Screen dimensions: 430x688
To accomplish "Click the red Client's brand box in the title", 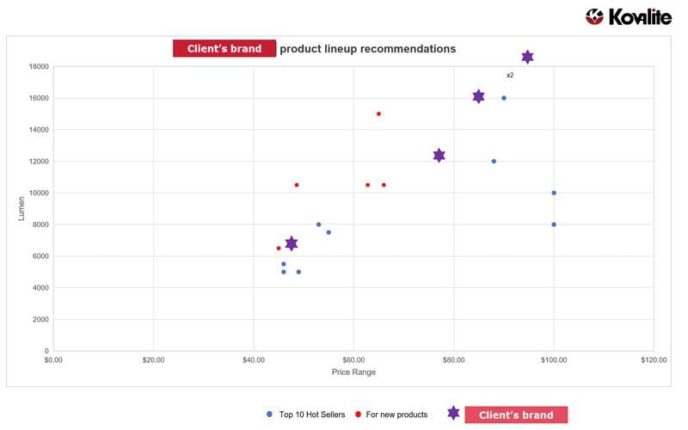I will pos(224,49).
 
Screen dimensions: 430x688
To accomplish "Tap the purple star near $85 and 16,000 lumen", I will pos(478,96).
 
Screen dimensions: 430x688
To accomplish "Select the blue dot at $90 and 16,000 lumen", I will pos(504,98).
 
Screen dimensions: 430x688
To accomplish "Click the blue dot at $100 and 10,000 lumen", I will pos(554,193).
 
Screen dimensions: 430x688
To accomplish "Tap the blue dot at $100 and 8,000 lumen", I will pos(554,224).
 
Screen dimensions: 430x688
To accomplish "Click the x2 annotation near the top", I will pos(510,76).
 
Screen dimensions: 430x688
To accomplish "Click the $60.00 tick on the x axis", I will pos(353,360).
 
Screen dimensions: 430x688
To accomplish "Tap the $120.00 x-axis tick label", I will pos(654,360).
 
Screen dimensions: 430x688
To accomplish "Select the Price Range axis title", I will pos(353,372).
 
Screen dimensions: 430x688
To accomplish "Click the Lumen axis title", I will pos(21,208).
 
